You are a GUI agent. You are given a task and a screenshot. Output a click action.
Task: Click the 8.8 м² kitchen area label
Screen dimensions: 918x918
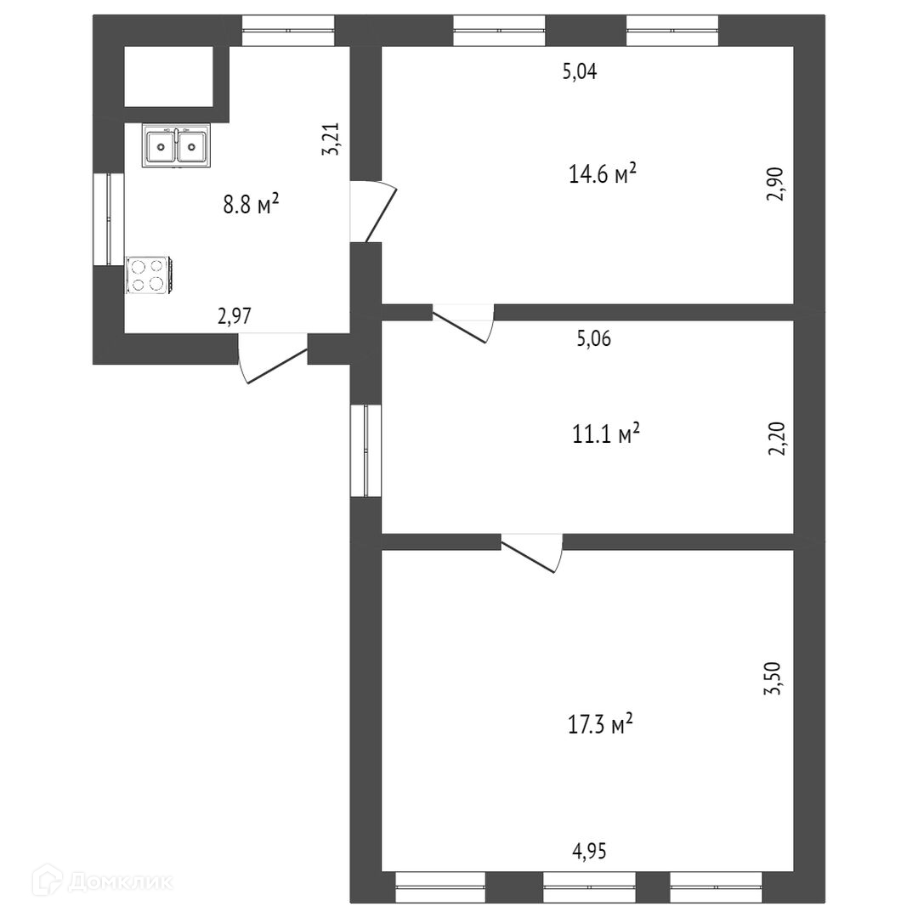coord(251,204)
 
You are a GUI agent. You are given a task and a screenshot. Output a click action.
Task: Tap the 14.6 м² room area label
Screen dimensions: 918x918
coord(603,173)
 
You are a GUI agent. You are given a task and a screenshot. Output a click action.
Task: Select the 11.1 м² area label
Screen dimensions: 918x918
coord(605,433)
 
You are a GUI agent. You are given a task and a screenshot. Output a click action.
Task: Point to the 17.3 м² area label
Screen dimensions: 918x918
coord(600,725)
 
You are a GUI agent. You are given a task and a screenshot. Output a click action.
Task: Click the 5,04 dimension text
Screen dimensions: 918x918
coord(580,72)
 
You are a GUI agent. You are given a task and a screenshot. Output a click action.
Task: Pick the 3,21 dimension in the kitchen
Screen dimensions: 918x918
coord(331,139)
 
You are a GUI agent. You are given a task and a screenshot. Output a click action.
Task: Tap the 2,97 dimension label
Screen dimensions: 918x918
coord(235,316)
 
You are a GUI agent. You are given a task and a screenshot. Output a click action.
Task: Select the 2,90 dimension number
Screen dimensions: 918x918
coord(774,184)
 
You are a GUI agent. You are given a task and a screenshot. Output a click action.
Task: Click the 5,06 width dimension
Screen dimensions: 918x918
coord(593,339)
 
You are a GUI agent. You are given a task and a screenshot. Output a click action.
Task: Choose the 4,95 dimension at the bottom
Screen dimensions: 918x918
coord(589,851)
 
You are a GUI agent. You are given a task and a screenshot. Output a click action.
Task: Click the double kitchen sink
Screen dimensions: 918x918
coord(176,145)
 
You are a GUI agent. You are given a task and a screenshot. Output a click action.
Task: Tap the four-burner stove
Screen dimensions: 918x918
coord(148,275)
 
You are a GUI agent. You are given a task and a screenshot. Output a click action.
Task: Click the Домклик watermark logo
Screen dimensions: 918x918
coord(103,881)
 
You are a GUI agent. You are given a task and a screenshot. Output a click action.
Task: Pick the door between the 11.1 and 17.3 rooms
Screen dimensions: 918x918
coord(531,552)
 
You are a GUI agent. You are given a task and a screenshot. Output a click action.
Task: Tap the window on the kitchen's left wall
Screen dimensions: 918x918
coord(109,219)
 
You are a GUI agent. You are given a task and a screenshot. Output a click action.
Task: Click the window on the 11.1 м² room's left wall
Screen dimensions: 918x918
coord(365,450)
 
